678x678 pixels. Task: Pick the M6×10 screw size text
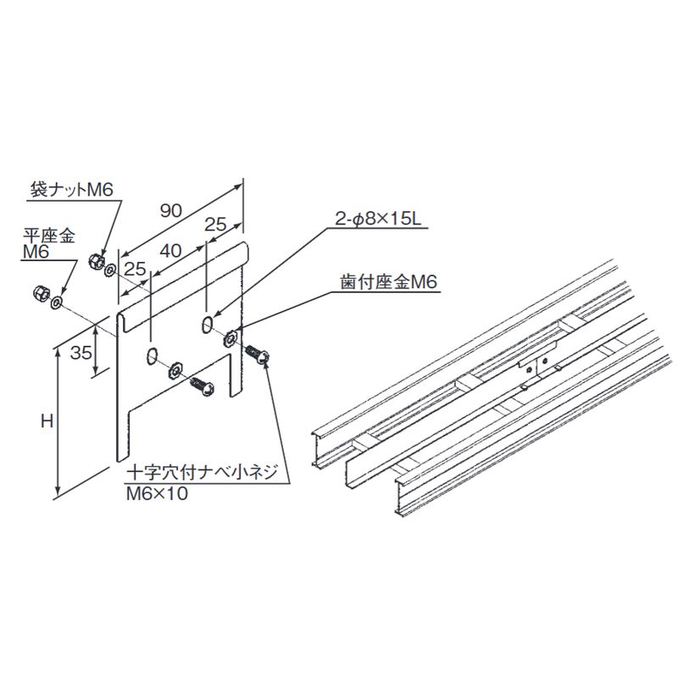pyautogui.click(x=156, y=492)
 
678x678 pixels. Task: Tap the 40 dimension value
pyautogui.click(x=170, y=252)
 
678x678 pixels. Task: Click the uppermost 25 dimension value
pyautogui.click(x=217, y=225)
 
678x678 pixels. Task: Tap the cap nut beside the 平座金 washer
pyautogui.click(x=39, y=293)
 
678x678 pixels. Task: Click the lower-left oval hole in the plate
pyautogui.click(x=151, y=354)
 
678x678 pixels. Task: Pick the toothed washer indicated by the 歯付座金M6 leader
pyautogui.click(x=231, y=339)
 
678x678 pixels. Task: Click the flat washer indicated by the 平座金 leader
pyautogui.click(x=58, y=302)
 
